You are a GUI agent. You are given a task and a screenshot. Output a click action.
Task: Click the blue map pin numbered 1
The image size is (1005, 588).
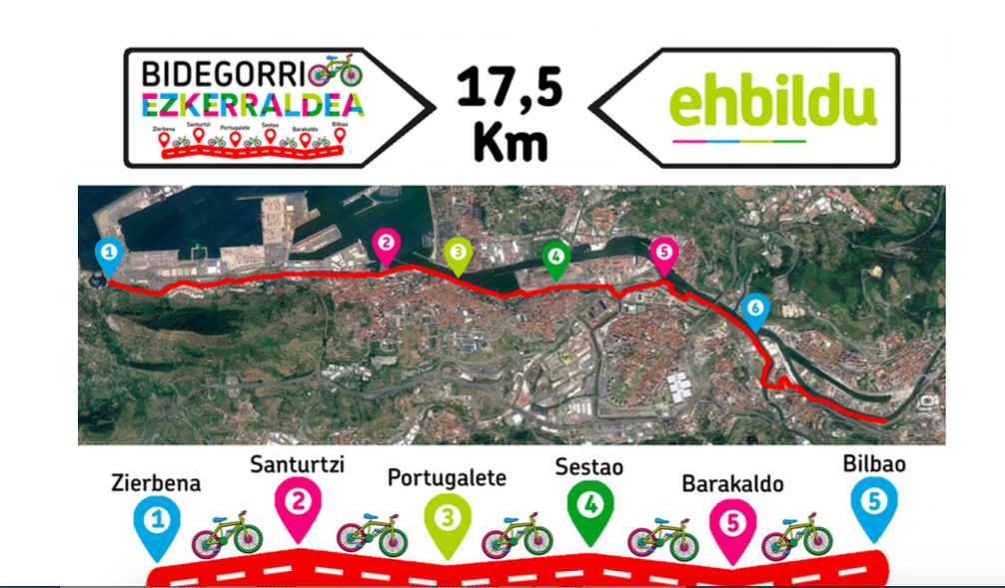[x=109, y=253]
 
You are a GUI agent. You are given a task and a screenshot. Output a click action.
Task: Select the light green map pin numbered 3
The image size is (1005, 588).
[x=458, y=254]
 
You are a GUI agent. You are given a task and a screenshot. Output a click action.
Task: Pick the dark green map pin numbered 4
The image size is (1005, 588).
[x=555, y=256]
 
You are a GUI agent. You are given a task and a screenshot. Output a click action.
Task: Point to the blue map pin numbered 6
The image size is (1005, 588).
[x=755, y=309]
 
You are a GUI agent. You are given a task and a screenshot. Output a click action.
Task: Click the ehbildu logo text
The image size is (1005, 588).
[x=772, y=104]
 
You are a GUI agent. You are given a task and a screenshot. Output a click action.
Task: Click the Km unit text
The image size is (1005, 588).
[x=510, y=142]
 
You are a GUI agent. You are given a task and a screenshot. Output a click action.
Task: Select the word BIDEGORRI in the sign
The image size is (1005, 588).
[x=223, y=74]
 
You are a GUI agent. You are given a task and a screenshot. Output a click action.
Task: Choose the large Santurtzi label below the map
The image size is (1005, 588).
[x=298, y=464]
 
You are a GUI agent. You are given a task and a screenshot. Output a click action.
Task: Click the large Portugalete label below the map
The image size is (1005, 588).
[x=447, y=477]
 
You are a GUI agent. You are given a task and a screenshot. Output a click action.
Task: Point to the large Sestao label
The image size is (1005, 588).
[x=589, y=466]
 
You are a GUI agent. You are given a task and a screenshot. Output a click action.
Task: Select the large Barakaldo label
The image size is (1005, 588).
[x=732, y=484]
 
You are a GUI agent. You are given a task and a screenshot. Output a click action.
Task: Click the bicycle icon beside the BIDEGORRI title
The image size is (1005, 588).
[x=335, y=70]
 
